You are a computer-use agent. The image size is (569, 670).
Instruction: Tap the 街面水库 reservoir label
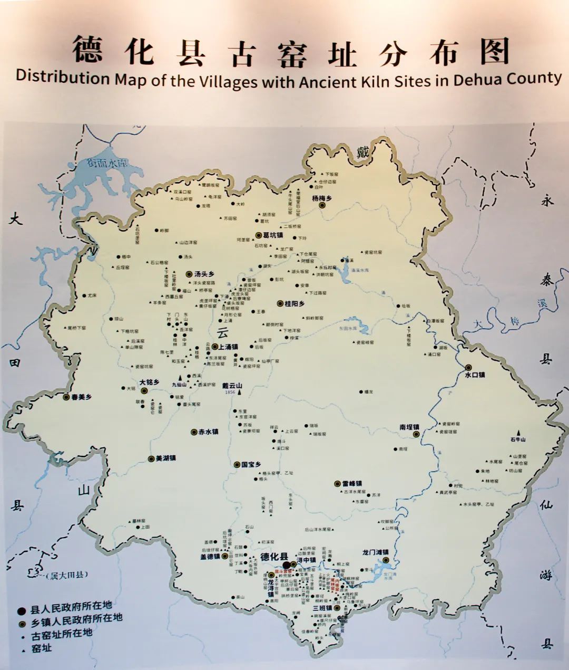tap(108, 164)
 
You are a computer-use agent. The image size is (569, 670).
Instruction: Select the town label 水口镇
tap(474, 375)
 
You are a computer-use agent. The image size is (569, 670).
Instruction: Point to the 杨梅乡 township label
tap(322, 198)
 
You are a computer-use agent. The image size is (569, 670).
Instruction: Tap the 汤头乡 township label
tap(204, 274)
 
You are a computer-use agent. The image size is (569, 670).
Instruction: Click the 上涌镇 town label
tap(228, 347)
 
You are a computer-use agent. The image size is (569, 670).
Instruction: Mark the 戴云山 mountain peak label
tap(232, 386)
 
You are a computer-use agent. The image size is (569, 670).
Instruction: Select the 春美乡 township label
tap(81, 397)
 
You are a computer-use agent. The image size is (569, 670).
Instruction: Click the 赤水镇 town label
tap(208, 432)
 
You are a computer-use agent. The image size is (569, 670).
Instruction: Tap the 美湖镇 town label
tap(165, 458)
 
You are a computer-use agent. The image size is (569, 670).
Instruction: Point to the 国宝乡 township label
tap(251, 465)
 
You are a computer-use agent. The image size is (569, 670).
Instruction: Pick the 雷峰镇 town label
tap(351, 483)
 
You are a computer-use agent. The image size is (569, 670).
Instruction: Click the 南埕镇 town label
tap(409, 427)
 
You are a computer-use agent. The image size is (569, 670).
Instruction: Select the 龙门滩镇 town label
tap(375, 552)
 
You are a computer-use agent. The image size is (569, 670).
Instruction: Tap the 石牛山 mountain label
tap(518, 439)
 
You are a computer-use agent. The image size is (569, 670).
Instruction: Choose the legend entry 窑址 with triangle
tap(42, 648)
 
